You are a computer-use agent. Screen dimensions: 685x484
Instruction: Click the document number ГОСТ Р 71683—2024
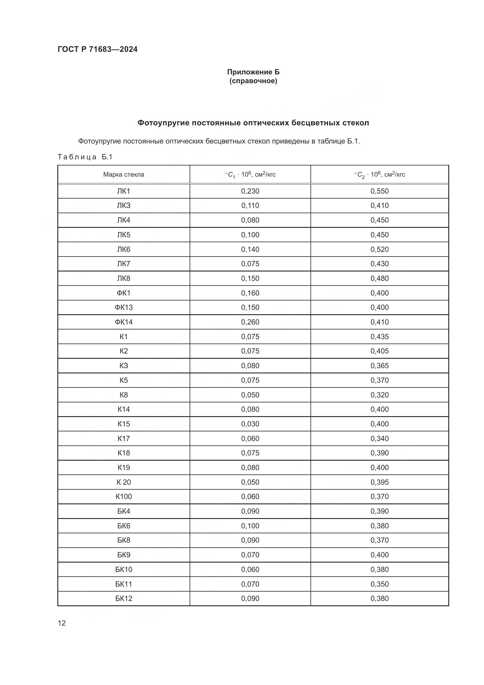[97, 49]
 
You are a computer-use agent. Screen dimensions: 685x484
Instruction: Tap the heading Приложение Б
[253, 72]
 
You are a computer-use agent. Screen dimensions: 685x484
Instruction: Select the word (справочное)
[253, 81]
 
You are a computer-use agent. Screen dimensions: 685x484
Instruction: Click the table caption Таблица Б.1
[85, 157]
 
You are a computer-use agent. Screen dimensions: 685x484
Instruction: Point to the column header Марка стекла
[123, 175]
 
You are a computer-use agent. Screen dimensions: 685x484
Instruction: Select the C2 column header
[380, 175]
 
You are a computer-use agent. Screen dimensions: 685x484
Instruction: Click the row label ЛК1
[123, 191]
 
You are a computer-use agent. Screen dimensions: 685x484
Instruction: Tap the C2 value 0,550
[380, 191]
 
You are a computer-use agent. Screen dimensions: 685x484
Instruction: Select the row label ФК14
[123, 322]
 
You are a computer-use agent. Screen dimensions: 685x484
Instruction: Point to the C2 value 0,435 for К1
[380, 337]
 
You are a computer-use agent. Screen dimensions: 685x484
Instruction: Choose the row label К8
[123, 395]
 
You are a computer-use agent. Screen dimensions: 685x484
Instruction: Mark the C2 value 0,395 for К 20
[380, 482]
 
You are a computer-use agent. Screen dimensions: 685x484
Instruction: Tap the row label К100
[123, 497]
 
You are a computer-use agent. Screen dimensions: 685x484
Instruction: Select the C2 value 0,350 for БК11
[380, 584]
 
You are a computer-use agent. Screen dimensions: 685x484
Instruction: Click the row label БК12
[123, 599]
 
